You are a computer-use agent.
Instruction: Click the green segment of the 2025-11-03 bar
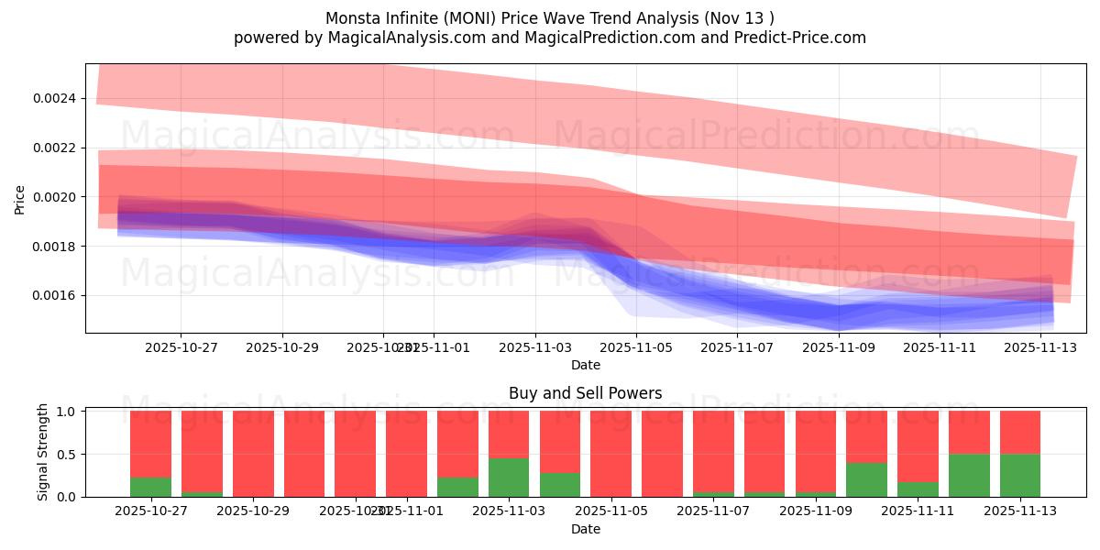(509, 478)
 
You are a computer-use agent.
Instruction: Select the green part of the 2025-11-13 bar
(1020, 475)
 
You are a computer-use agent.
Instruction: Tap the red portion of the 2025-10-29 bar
(253, 453)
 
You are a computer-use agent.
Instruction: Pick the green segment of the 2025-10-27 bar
(150, 487)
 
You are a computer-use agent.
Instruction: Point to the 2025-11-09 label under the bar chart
(817, 511)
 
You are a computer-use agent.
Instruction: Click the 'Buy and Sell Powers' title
(586, 393)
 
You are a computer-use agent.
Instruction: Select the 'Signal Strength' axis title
(43, 453)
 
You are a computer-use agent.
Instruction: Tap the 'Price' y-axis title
(20, 199)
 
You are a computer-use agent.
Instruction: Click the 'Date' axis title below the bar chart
(586, 529)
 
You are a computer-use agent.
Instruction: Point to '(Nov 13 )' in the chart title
(742, 18)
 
